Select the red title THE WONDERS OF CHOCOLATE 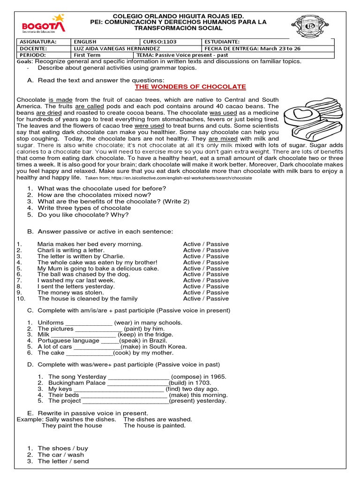(190, 87)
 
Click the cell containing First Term (87, 55)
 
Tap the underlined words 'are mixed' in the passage (223, 139)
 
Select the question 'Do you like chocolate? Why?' (83, 215)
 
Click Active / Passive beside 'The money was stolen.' (206, 292)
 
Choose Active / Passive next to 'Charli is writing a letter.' (206, 250)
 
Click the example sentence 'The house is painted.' (155, 426)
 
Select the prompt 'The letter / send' (63, 461)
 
